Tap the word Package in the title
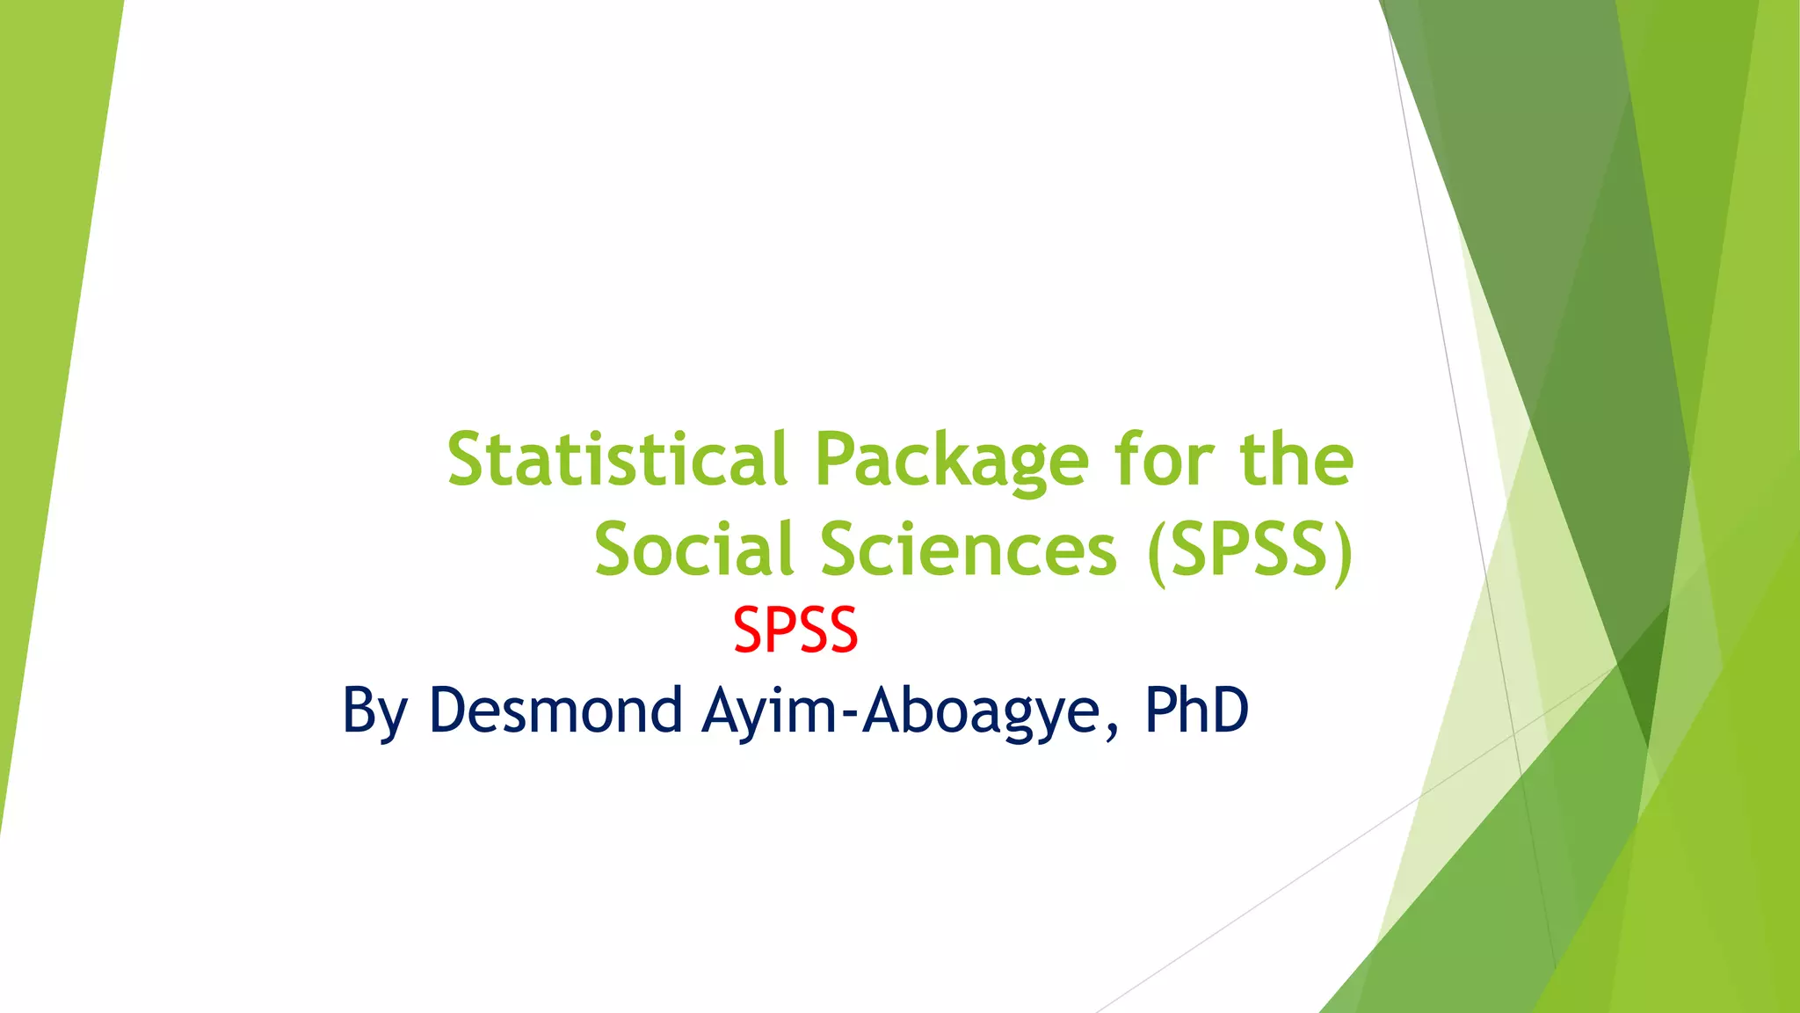[x=952, y=461]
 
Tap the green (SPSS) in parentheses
[x=1250, y=550]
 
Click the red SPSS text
[x=795, y=630]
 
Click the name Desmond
[x=555, y=710]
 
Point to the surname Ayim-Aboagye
[x=902, y=711]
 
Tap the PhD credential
[x=1196, y=710]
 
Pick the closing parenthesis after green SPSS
[x=1342, y=552]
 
